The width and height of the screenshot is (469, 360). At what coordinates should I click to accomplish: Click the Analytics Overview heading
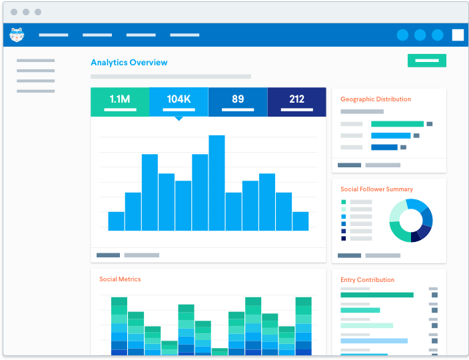click(129, 63)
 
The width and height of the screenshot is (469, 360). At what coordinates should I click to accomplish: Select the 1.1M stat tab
click(120, 101)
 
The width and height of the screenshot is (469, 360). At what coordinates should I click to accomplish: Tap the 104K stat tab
click(179, 101)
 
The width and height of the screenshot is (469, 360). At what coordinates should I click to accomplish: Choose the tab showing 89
click(238, 101)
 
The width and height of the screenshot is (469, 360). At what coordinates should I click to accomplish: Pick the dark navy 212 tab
click(296, 101)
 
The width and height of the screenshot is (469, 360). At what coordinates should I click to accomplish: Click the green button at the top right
click(427, 61)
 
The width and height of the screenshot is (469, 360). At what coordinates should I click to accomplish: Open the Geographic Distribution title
click(376, 99)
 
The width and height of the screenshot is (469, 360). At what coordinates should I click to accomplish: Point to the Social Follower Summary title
click(376, 189)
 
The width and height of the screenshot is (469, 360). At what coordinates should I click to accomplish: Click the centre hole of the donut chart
click(411, 220)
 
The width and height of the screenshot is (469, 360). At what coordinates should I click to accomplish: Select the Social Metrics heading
click(120, 279)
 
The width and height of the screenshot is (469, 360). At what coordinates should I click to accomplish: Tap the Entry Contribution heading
click(367, 280)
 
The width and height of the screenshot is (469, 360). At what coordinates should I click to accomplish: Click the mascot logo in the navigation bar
click(17, 35)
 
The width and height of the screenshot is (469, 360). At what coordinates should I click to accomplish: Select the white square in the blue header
click(458, 35)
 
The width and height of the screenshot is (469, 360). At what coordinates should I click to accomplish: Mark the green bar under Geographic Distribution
click(397, 124)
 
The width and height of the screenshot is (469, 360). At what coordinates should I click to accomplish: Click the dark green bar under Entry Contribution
click(376, 295)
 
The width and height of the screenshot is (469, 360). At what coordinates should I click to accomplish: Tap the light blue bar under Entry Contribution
click(374, 341)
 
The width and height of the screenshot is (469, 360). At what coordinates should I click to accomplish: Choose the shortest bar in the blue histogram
click(116, 221)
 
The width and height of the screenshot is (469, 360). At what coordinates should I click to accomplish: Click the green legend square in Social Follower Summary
click(344, 202)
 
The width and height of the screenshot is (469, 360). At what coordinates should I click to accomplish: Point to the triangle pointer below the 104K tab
click(179, 119)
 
